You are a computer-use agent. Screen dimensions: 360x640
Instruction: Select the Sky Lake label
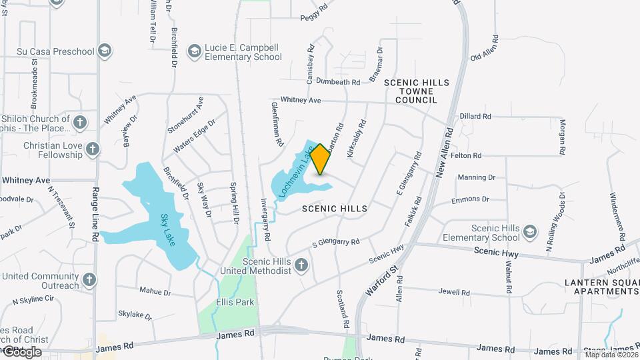[167, 230]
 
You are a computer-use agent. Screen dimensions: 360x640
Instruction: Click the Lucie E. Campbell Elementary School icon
[194, 51]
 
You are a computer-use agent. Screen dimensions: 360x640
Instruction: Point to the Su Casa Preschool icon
[104, 51]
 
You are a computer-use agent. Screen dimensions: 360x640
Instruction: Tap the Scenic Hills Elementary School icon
[530, 232]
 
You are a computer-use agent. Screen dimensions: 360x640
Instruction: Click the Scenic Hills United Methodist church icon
[301, 266]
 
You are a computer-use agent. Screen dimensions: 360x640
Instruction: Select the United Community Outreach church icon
[89, 280]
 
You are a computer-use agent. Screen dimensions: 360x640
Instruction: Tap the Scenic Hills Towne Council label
[416, 91]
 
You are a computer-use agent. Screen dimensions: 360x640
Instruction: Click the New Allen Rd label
[445, 154]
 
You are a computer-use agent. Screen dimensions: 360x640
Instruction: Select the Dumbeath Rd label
[338, 82]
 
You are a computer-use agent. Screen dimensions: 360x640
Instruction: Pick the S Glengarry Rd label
[335, 243]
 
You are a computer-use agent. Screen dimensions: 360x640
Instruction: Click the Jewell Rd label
[454, 292]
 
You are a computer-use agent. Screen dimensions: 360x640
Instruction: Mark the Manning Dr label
[477, 178]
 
